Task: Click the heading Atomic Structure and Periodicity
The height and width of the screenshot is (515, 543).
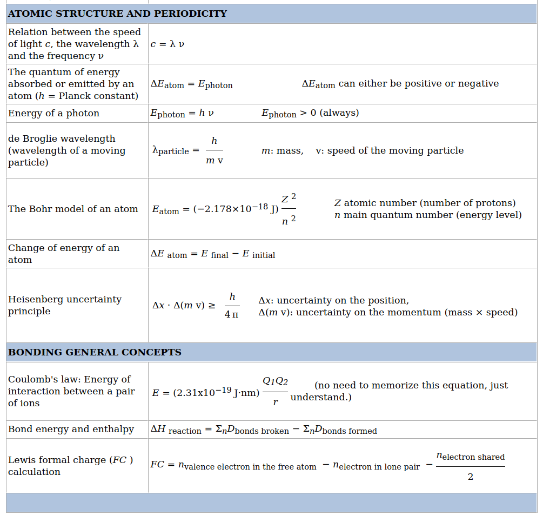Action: point(117,14)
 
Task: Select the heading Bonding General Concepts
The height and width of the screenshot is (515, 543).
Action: point(95,352)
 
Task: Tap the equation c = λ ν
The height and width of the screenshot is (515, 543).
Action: point(167,44)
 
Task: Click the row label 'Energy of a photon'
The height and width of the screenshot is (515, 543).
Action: point(53,113)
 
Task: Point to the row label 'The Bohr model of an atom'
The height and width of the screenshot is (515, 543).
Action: point(73,209)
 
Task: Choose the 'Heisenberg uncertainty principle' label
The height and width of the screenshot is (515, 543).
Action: point(65,305)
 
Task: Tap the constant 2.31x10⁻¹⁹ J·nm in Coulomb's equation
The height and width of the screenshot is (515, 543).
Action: point(216,393)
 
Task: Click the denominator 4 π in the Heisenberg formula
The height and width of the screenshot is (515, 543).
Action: point(231,314)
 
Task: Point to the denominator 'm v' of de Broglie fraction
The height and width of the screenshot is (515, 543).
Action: point(214,161)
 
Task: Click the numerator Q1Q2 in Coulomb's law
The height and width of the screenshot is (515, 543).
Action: point(275,381)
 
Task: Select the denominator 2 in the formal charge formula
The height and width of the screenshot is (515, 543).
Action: point(470,477)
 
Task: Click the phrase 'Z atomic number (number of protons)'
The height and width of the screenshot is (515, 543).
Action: point(425,203)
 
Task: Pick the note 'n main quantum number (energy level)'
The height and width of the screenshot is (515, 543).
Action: point(428,215)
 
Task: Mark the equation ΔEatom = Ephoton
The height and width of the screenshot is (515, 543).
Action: point(191,84)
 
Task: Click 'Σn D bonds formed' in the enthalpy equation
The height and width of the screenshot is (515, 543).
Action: point(340,430)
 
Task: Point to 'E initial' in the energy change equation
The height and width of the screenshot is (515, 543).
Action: point(258,254)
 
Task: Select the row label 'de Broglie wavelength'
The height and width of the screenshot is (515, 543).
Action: point(62,138)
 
